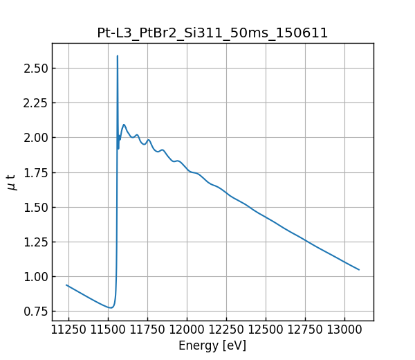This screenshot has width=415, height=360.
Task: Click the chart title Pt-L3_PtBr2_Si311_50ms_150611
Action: tap(212, 33)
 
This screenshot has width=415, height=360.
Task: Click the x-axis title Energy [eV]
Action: tap(212, 345)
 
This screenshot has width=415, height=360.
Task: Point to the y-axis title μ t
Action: tap(12, 182)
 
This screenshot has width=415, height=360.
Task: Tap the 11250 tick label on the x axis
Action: tap(68, 330)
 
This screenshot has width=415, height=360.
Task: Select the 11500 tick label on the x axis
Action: tap(108, 330)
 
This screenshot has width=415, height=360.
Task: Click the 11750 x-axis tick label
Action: tap(147, 330)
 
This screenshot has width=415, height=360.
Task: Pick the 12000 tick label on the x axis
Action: tap(187, 330)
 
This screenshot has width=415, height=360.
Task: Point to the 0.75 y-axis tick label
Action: tap(35, 312)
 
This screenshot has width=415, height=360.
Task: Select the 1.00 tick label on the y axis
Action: tap(35, 277)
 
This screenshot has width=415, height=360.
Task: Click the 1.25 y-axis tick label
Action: tap(35, 242)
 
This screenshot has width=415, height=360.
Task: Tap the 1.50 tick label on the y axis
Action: tap(35, 207)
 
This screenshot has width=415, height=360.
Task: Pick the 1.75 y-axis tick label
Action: tap(35, 172)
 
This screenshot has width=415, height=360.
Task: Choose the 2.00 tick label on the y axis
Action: tap(35, 138)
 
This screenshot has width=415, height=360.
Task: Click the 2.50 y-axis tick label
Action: tap(35, 69)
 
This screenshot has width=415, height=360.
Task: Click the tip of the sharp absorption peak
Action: tap(118, 56)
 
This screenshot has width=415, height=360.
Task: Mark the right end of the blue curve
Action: tap(359, 270)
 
